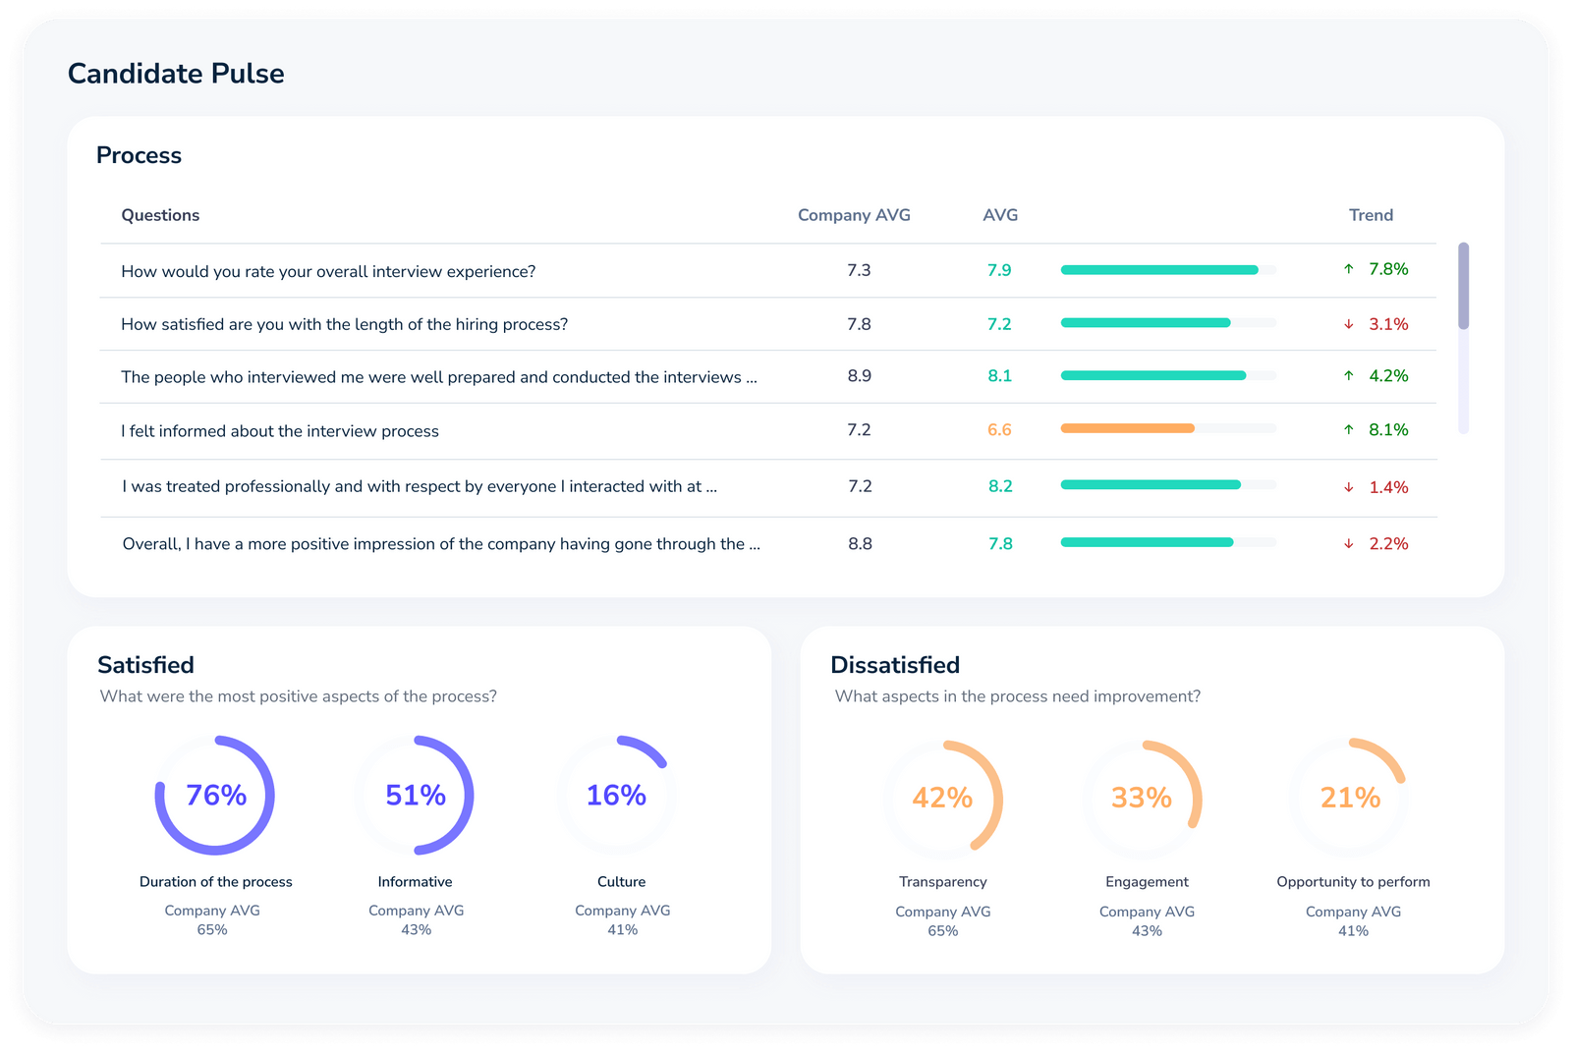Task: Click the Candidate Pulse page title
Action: tap(176, 74)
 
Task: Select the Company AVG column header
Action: tap(854, 215)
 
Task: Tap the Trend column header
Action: tap(1371, 215)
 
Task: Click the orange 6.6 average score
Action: tap(999, 430)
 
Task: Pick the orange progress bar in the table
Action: tap(1127, 428)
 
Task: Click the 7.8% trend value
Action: tap(1388, 269)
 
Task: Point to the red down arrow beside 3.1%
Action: tap(1349, 324)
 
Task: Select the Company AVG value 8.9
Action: tap(859, 376)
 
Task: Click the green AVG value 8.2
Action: tap(1000, 486)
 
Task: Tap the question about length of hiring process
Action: tap(344, 324)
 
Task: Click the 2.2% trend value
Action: tap(1388, 544)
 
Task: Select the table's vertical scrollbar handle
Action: tap(1463, 286)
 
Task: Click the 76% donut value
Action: tap(216, 795)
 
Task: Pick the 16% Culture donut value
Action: tap(616, 795)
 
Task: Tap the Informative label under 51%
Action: tap(415, 882)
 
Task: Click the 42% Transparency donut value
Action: tap(942, 798)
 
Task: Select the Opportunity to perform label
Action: tap(1353, 882)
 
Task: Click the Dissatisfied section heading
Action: tap(895, 665)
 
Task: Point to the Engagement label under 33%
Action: tap(1147, 882)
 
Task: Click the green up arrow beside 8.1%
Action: tap(1349, 430)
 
